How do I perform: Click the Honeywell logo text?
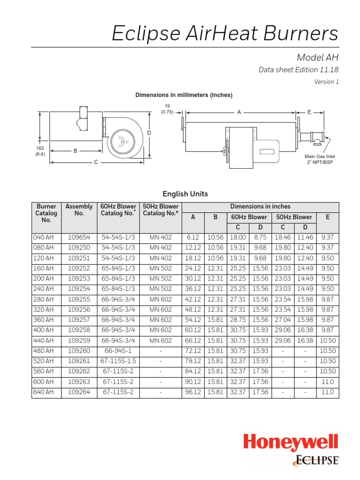(x=290, y=443)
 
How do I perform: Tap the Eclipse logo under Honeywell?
(x=316, y=460)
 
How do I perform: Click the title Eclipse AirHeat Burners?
(x=225, y=34)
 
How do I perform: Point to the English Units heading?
(x=185, y=194)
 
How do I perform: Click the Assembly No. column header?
(x=79, y=210)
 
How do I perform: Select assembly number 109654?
(x=79, y=238)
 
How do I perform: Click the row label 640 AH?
(x=44, y=392)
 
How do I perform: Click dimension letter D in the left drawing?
(x=150, y=133)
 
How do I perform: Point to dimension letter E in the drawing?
(x=309, y=112)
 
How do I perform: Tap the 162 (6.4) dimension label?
(x=40, y=151)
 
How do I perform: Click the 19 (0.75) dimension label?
(x=167, y=109)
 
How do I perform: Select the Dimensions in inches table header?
(x=260, y=206)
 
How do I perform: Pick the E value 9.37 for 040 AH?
(x=328, y=238)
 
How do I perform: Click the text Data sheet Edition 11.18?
(x=299, y=70)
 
